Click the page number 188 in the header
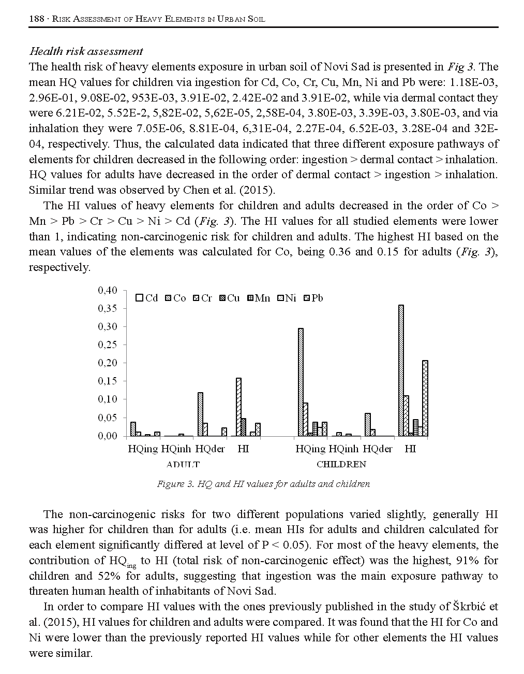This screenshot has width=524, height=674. [x=36, y=19]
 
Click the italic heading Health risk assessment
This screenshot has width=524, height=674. [x=86, y=51]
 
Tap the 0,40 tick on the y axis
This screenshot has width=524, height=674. [x=108, y=290]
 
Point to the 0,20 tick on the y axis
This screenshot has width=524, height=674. [x=108, y=363]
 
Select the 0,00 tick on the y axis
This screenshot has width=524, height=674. [x=108, y=436]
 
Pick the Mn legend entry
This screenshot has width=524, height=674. [x=259, y=298]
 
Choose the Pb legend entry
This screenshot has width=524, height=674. [x=313, y=298]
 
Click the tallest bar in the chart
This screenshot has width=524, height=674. [x=401, y=370]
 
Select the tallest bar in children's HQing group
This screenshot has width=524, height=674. [x=301, y=382]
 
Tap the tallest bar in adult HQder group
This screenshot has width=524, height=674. [x=200, y=414]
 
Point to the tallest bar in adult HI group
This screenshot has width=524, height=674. [x=238, y=407]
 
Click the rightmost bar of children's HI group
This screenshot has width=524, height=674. [x=425, y=398]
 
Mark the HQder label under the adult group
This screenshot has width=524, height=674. [x=210, y=449]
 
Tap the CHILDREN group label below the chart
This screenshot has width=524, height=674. [x=341, y=464]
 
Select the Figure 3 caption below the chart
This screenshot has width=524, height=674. [x=263, y=484]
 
